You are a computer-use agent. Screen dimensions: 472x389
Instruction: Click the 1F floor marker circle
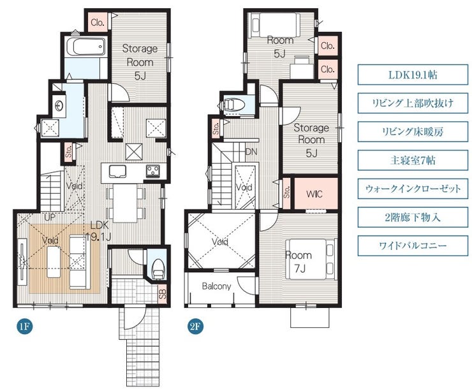25,327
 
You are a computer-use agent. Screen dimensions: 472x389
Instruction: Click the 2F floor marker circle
195,327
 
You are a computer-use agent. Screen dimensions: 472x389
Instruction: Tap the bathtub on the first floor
86,47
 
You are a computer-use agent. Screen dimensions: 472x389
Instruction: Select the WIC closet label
314,194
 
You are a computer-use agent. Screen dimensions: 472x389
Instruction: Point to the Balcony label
216,286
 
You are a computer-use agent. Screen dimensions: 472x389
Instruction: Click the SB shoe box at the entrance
162,293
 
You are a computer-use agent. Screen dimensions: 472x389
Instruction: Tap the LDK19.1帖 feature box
413,75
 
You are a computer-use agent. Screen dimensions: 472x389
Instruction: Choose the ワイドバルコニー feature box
413,246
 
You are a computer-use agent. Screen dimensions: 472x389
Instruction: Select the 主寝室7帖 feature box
413,160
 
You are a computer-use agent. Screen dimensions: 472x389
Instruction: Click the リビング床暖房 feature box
413,131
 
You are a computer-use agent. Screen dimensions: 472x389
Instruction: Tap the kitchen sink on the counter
118,172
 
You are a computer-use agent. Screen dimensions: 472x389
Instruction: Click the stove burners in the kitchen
153,171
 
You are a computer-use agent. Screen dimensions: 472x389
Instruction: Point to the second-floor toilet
234,105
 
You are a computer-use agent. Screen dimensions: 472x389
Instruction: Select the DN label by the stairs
251,152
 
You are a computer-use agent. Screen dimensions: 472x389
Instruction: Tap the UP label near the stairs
50,217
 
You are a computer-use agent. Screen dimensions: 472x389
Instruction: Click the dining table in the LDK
126,203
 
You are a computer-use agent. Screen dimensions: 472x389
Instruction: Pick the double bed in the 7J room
311,259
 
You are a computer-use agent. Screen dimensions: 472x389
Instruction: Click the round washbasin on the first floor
59,106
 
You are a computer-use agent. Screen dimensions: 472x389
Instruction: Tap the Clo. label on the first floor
98,22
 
